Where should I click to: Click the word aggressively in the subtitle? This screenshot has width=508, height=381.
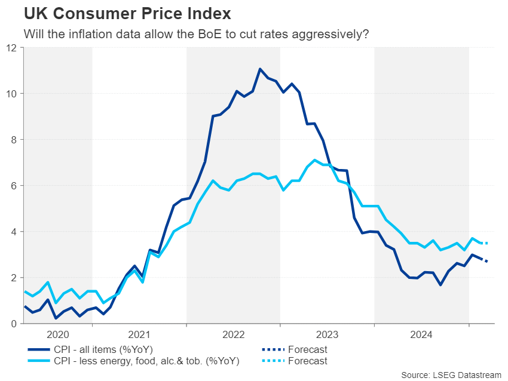pos(332,34)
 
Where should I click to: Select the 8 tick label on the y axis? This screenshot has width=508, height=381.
pos(13,140)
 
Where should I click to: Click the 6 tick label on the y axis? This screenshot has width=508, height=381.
pos(13,186)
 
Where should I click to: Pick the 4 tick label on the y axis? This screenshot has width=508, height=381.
pos(13,232)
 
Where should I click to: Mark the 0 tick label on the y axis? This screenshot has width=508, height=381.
pos(13,324)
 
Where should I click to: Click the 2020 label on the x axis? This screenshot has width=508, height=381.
pos(57,336)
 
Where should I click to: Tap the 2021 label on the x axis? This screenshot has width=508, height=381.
pos(139,336)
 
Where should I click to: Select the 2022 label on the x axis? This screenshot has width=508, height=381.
pos(233,336)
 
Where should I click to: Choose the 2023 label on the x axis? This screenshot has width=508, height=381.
pos(328,336)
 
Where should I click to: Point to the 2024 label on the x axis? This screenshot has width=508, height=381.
pos(421,336)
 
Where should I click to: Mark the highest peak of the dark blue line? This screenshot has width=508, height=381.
pos(260,69)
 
